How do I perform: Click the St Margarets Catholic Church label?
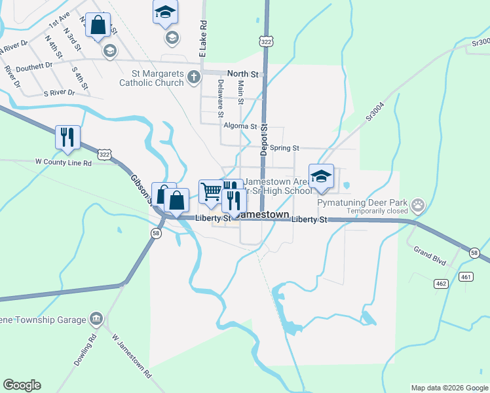tap(151, 78)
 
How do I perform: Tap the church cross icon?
tap(193, 78)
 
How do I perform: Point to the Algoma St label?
tap(240, 126)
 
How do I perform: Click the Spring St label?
tap(284, 148)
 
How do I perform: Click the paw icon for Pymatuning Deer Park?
tap(418, 206)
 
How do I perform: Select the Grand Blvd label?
tap(430, 255)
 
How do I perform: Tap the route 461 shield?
tap(466, 277)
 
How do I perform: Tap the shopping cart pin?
tap(211, 192)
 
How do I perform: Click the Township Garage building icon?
tap(96, 319)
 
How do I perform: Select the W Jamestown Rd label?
tap(132, 356)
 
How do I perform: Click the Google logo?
tap(22, 385)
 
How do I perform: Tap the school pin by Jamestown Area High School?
tap(321, 177)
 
